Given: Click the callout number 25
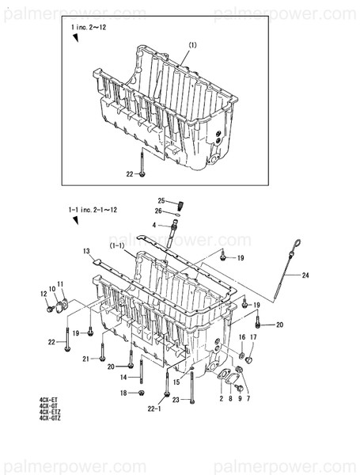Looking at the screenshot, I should coord(160,200).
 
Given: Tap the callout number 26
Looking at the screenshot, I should coord(160,211).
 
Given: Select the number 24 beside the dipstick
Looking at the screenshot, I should coord(305,275).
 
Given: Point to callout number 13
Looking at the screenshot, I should coord(86,251).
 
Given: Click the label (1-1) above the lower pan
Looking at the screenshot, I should coord(118,247).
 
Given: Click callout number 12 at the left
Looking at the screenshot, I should coord(44,294).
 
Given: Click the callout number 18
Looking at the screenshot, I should coord(124,393).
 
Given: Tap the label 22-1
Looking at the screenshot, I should coord(154,408).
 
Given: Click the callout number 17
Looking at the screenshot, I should coord(252,338).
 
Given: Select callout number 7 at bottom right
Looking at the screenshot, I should coord(248,400).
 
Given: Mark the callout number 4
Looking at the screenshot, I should coord(155,226).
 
